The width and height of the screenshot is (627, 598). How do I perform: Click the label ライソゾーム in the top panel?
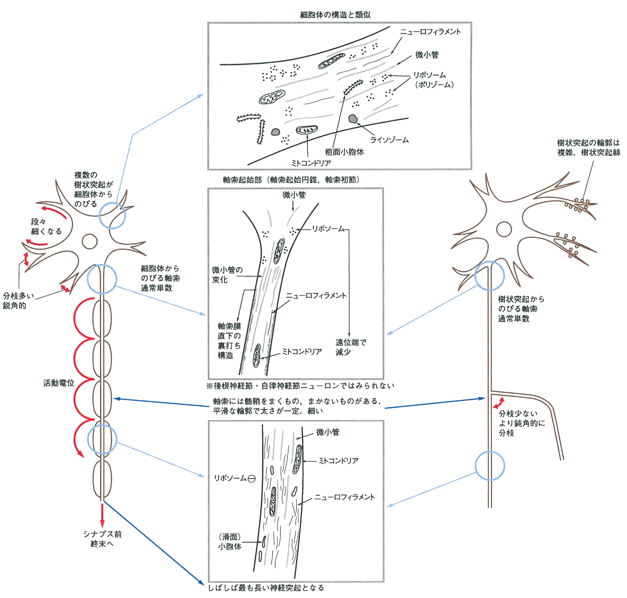click(389, 140)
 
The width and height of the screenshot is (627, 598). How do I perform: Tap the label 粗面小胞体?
click(344, 152)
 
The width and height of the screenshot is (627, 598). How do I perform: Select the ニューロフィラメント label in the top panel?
click(430, 32)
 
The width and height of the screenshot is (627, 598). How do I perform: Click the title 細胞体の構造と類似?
click(335, 15)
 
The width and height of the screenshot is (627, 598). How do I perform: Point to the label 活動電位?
click(59, 383)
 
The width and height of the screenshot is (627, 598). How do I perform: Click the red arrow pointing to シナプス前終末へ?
click(102, 513)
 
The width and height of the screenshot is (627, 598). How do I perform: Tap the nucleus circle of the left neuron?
click(90, 241)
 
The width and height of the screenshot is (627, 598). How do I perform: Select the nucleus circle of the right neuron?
click(504, 229)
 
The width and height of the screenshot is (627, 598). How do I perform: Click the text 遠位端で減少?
click(350, 347)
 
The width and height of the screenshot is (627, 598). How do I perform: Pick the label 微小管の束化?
click(227, 275)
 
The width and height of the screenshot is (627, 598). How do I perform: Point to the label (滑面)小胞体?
click(230, 541)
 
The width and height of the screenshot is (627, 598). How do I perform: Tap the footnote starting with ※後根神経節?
click(300, 386)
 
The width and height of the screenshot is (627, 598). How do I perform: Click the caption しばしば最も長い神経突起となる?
click(266, 588)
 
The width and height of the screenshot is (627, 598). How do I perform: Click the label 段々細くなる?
click(46, 227)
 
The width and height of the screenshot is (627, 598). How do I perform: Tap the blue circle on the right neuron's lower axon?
click(489, 466)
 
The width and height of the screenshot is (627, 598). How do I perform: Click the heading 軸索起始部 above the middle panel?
click(291, 180)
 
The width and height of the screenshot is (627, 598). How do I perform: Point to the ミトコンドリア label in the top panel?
click(311, 163)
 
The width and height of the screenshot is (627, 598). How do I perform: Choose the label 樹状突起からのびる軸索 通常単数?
click(521, 309)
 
